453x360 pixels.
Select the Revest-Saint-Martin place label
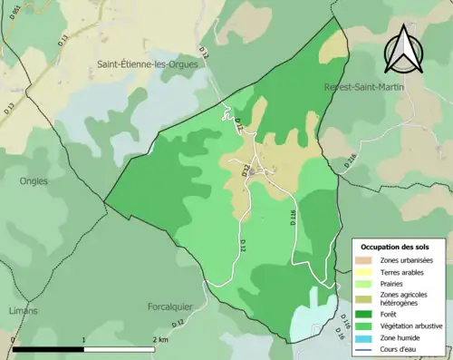[363, 86]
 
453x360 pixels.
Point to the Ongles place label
[34, 180]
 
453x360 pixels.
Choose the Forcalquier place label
[173, 306]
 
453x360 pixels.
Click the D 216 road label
[351, 161]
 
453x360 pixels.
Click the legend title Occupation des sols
[396, 247]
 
